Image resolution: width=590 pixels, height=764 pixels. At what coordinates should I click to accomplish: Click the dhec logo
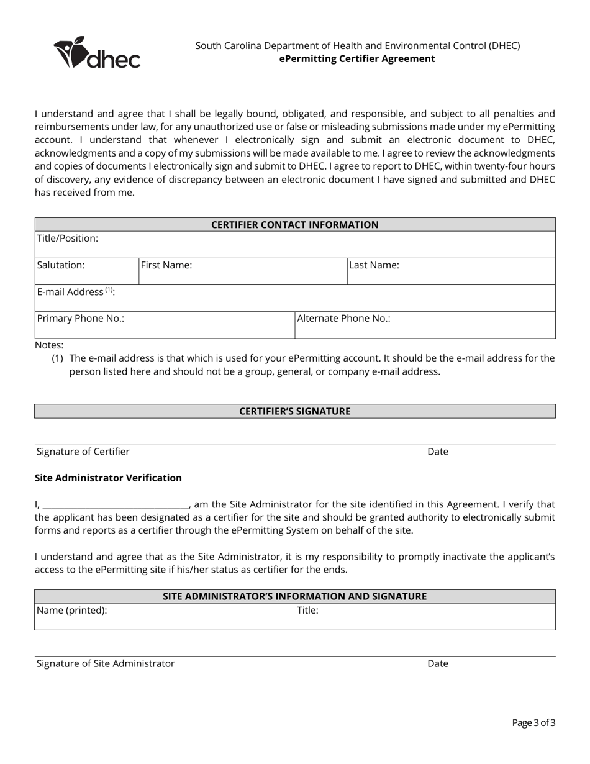(97, 53)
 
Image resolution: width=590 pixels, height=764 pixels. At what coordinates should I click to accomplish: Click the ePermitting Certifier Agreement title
(357, 59)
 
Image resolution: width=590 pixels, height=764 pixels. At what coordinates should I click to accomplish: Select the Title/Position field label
(68, 239)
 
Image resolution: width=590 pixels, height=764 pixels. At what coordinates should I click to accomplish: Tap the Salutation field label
(61, 265)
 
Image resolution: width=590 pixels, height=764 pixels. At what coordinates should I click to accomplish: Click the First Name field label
(166, 265)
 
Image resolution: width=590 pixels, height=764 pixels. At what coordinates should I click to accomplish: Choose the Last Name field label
(374, 265)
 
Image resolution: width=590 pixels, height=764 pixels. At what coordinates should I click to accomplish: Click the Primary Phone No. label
(81, 319)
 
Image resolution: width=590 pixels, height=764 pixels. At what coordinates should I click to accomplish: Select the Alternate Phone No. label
(343, 319)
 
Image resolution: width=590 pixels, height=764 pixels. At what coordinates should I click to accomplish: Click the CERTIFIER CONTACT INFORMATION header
(295, 225)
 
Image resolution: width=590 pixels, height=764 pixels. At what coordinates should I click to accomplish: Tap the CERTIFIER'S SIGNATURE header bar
(295, 411)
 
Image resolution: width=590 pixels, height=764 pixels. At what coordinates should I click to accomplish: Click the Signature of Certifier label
(83, 452)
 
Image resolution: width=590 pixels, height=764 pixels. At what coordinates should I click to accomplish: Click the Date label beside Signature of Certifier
(437, 452)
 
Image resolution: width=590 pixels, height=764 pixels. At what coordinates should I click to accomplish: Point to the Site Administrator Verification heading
(108, 478)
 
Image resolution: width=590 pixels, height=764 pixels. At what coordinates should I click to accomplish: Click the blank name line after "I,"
(116, 505)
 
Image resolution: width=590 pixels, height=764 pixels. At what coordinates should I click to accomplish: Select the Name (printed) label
(72, 611)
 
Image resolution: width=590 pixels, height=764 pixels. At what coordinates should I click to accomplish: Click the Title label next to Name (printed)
(307, 611)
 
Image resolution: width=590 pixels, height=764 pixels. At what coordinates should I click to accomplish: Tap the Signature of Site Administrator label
(106, 663)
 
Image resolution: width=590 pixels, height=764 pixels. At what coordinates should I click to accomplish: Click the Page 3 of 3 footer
(533, 722)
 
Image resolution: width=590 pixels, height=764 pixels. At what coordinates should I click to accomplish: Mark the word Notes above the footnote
(49, 345)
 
